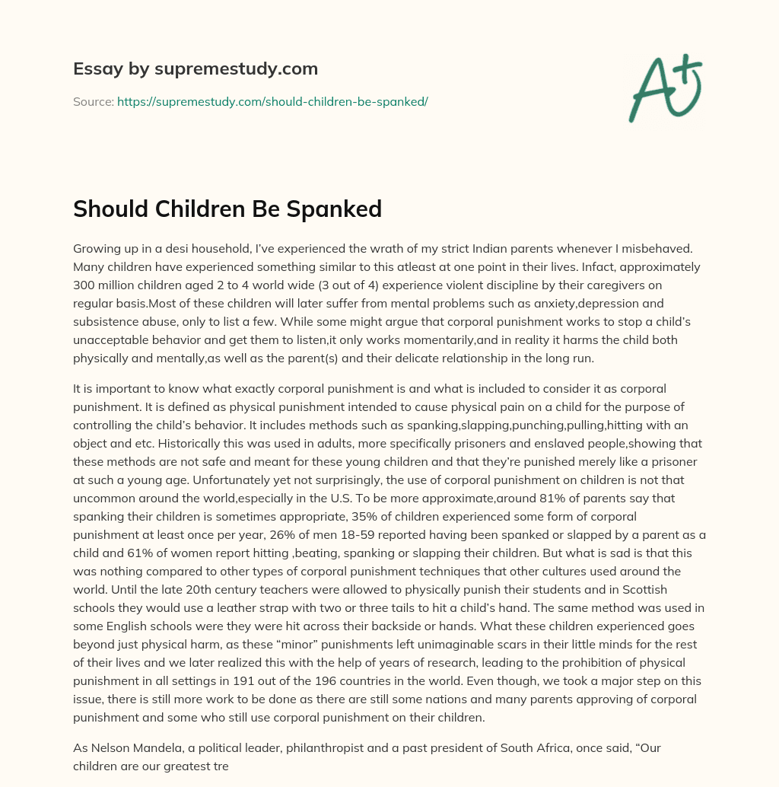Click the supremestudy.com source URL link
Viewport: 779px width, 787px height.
[x=272, y=101]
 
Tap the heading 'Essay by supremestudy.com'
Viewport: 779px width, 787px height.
[x=196, y=69]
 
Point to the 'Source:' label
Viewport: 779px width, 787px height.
[x=93, y=101]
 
